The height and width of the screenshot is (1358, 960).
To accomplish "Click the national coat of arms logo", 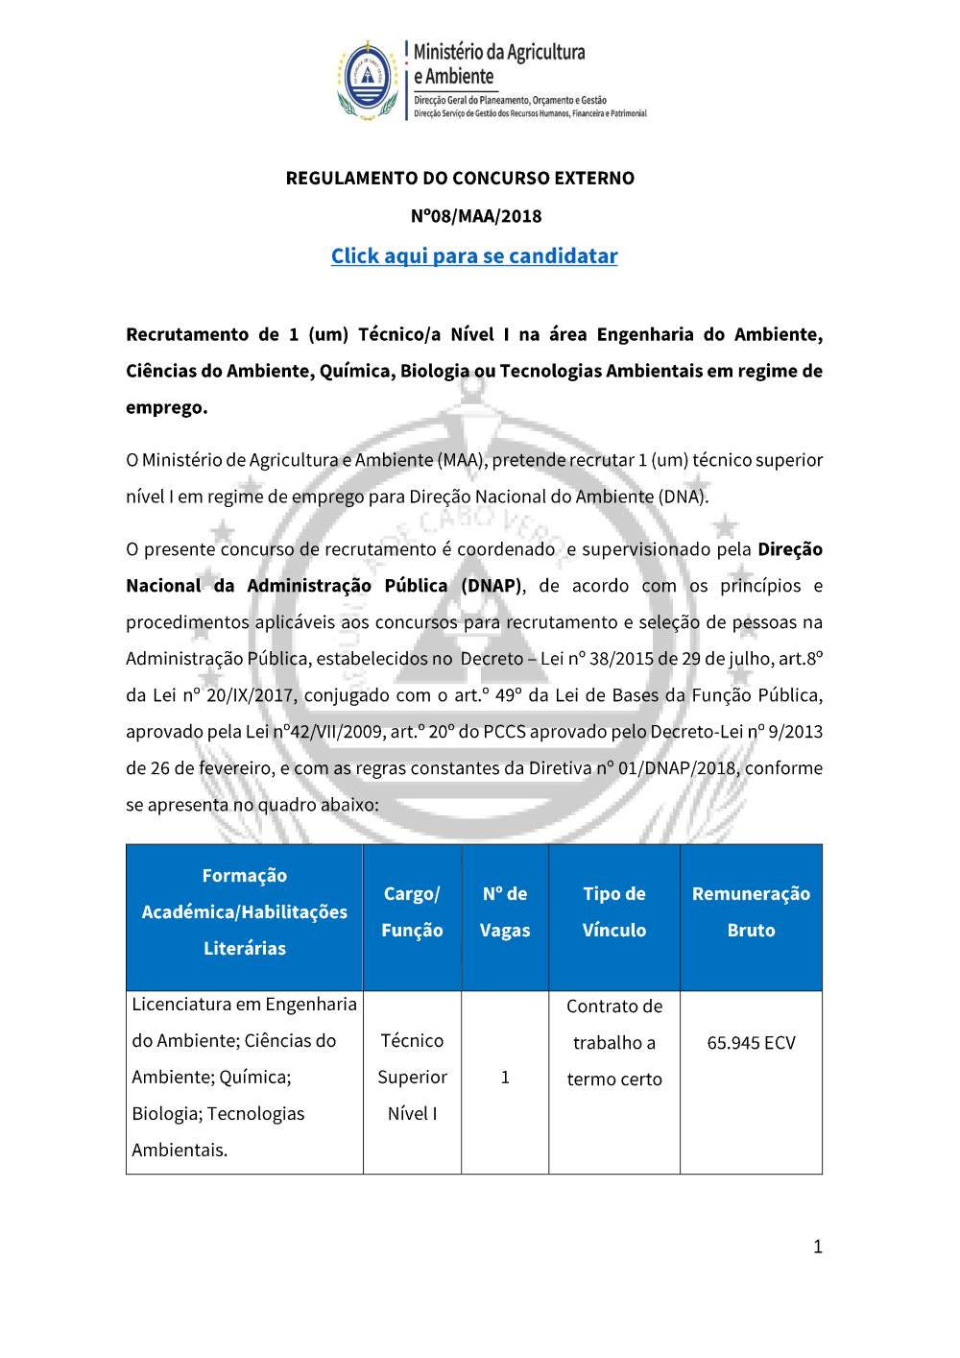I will [368, 80].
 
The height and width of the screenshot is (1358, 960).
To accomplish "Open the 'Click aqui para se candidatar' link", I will [474, 256].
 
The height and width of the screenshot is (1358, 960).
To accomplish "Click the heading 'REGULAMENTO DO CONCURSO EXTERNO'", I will [460, 179].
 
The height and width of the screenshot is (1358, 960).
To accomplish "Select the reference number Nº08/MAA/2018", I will [476, 216].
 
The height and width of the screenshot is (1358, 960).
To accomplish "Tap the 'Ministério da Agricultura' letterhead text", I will [499, 53].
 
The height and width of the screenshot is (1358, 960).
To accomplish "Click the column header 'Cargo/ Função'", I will [412, 912].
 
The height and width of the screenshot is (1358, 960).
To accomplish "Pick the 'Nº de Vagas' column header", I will [505, 912].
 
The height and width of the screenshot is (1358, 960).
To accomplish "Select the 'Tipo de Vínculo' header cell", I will [614, 912].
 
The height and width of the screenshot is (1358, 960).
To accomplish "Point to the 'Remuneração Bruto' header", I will [751, 912].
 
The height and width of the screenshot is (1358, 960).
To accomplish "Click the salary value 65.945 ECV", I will [751, 1043].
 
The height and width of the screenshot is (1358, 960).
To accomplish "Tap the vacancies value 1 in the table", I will [505, 1078].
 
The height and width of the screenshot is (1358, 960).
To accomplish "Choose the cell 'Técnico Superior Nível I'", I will [412, 1078].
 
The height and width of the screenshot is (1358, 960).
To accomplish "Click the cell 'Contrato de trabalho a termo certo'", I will [614, 1043].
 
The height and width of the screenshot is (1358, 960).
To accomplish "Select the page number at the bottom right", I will [818, 1248].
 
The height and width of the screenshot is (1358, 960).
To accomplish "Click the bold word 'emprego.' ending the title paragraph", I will [167, 408].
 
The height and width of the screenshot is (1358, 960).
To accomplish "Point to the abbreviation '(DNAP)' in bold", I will [492, 586].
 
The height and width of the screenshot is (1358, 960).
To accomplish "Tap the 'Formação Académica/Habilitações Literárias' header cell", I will [245, 912].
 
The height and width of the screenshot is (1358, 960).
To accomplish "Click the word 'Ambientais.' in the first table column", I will [180, 1151].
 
